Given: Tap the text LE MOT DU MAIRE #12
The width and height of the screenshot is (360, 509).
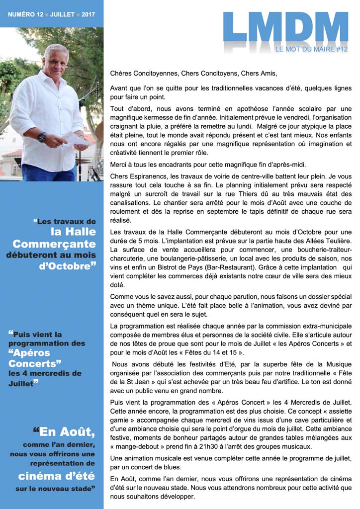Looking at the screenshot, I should point(311,49).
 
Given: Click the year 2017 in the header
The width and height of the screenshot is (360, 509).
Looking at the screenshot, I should point(89,15).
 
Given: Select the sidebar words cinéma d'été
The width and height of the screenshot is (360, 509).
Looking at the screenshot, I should point(56,476).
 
